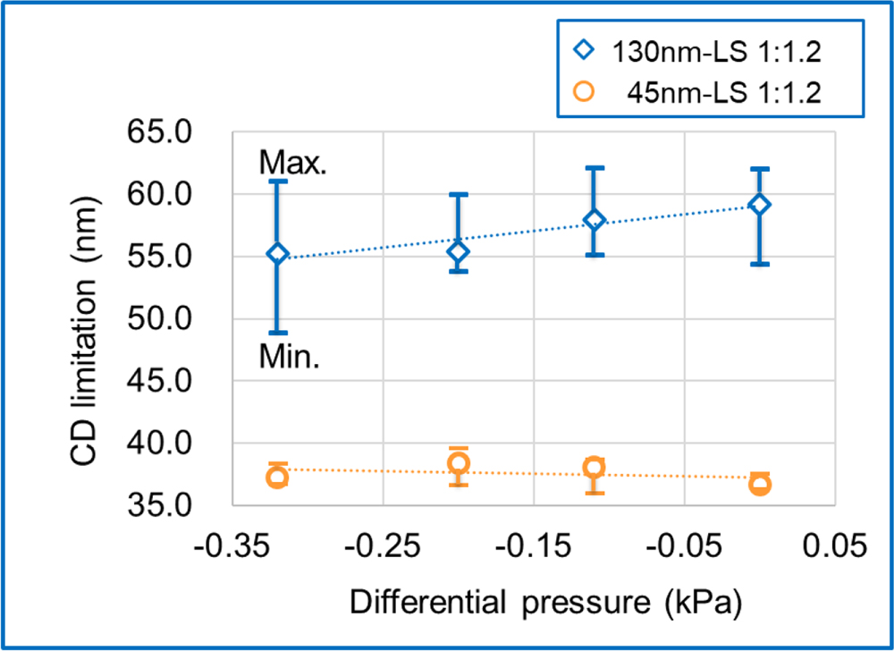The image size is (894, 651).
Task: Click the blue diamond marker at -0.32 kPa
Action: pos(277,255)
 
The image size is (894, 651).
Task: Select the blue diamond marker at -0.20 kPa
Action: pos(459,252)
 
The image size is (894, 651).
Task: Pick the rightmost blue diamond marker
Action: pos(760,205)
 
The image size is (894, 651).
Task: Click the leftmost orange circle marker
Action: pos(277,477)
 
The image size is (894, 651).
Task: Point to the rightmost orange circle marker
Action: pos(760,485)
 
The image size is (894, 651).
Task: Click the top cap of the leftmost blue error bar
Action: pos(277,181)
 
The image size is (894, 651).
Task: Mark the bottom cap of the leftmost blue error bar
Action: pos(277,333)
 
